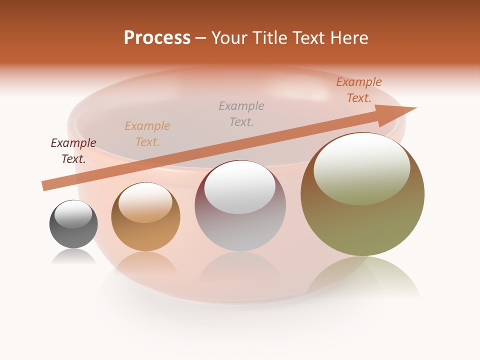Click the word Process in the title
157,38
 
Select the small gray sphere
73,224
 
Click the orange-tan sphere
145,217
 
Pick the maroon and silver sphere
240,206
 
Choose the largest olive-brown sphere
362,194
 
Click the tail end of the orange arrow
45,185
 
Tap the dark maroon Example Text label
73,151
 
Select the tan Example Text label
147,134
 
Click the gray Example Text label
241,114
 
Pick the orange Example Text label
359,90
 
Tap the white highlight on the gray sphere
73,214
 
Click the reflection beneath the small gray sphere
73,257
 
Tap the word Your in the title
229,38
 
